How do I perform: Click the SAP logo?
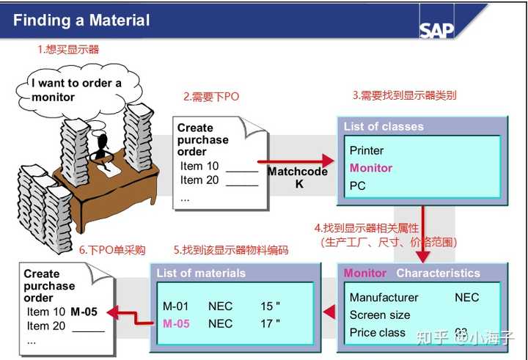click(437, 29)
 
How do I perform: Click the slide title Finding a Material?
click(81, 20)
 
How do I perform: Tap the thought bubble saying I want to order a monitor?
click(76, 89)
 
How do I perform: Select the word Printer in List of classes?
click(367, 150)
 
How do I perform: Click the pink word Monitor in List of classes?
click(371, 168)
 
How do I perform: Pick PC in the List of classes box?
click(358, 185)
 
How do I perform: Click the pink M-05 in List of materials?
click(176, 323)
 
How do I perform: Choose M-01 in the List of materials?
click(176, 306)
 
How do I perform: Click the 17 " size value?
click(270, 323)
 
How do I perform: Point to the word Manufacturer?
click(384, 297)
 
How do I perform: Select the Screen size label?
click(380, 315)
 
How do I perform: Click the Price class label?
click(378, 332)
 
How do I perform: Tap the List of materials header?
click(201, 273)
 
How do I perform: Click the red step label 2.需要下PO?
click(211, 97)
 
